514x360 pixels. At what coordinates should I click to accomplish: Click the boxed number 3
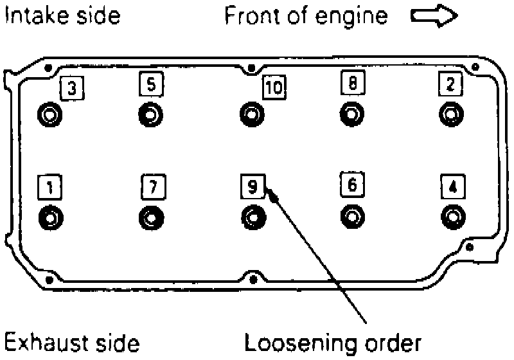[x=72, y=88]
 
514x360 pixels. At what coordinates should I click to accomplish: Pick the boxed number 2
[x=447, y=84]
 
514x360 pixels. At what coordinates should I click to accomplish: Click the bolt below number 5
[x=151, y=115]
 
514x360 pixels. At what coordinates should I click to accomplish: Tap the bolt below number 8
[x=350, y=114]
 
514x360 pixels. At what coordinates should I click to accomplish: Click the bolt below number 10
[x=251, y=115]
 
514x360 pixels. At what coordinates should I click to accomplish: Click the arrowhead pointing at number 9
[x=273, y=194]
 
